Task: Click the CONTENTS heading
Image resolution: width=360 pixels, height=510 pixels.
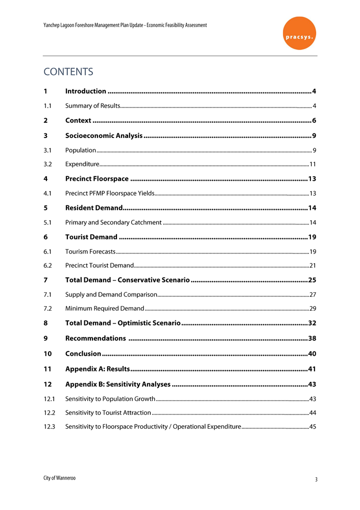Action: [x=68, y=72]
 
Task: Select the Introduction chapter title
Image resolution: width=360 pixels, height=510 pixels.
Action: [x=86, y=91]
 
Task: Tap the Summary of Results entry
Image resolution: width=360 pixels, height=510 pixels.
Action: [x=92, y=106]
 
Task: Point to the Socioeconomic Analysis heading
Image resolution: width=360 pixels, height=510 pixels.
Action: [x=104, y=136]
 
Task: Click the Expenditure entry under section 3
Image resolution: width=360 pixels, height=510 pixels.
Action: [x=82, y=165]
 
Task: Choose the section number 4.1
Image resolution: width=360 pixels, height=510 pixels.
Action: [x=49, y=194]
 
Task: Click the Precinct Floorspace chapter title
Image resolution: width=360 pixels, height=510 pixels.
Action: [x=97, y=179]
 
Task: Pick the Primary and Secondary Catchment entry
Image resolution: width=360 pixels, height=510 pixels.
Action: [x=113, y=223]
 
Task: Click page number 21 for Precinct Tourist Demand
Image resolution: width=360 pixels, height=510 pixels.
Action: [x=313, y=266]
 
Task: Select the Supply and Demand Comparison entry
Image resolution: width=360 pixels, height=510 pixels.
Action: [x=111, y=295]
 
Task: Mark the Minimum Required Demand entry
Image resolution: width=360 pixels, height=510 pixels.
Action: [x=105, y=309]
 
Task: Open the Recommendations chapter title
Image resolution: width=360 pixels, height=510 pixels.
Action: [x=95, y=338]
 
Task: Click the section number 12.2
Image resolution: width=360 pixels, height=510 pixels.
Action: [x=51, y=412]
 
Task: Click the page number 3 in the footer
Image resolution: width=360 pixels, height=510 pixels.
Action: [x=316, y=479]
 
